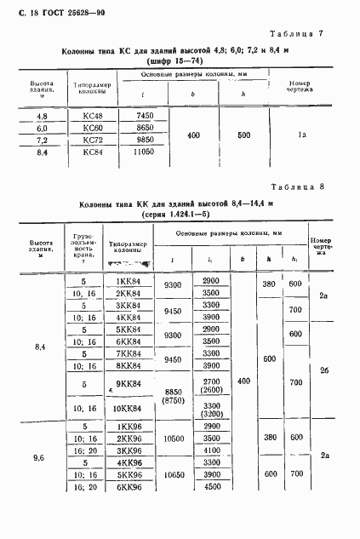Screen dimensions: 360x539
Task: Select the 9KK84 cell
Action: tap(127, 384)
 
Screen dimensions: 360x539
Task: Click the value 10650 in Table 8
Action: tap(174, 474)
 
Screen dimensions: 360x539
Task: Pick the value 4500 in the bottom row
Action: tap(211, 487)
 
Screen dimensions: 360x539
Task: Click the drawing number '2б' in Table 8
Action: tap(323, 347)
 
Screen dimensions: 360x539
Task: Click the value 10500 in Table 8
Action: tap(174, 438)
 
